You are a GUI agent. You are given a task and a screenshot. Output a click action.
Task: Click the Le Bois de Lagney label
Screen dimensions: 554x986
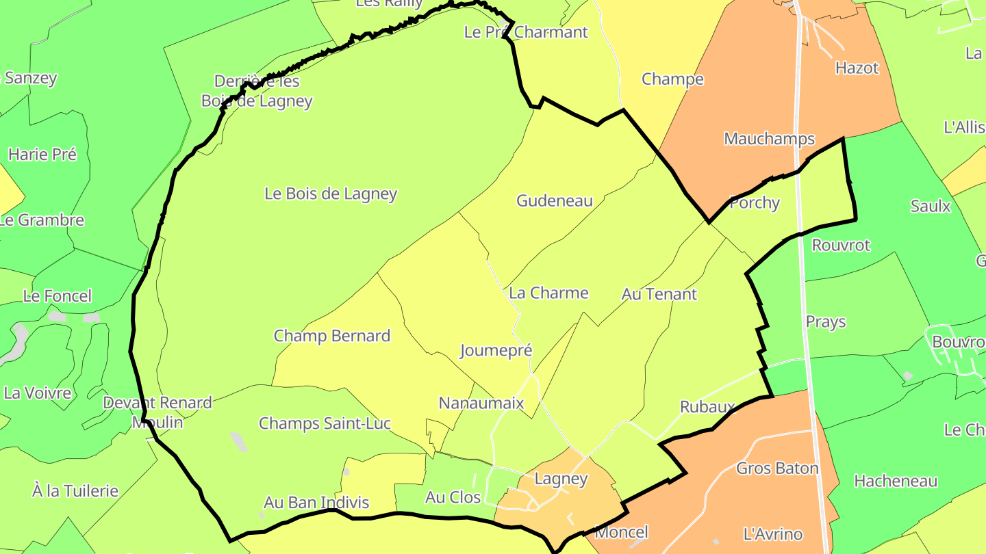pyautogui.click(x=331, y=194)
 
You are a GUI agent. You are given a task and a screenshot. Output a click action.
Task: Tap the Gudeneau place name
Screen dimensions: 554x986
pyautogui.click(x=555, y=200)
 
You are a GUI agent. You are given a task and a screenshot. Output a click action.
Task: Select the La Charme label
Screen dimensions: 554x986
pyautogui.click(x=548, y=293)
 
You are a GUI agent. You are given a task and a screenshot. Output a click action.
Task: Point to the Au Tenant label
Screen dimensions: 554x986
pyautogui.click(x=659, y=294)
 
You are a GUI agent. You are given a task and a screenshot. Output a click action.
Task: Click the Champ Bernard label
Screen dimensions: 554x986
pyautogui.click(x=332, y=336)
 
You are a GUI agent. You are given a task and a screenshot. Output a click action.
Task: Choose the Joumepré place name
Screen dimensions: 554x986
pyautogui.click(x=496, y=351)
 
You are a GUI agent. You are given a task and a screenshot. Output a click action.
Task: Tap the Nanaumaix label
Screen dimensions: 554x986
pyautogui.click(x=481, y=403)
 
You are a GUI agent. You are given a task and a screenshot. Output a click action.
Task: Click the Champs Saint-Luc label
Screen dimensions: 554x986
pyautogui.click(x=325, y=423)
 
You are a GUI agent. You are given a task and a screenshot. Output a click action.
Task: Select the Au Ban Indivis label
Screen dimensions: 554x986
pyautogui.click(x=316, y=503)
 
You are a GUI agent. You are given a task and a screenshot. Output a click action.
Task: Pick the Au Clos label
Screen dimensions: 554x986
pyautogui.click(x=453, y=497)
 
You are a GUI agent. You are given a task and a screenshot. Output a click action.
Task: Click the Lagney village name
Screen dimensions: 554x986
pyautogui.click(x=561, y=479)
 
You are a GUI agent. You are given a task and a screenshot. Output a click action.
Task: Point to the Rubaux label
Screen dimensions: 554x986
pyautogui.click(x=707, y=407)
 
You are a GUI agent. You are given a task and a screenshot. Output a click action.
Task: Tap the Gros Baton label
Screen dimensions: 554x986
pyautogui.click(x=777, y=469)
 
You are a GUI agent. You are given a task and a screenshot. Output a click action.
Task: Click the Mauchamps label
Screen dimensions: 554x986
pyautogui.click(x=769, y=139)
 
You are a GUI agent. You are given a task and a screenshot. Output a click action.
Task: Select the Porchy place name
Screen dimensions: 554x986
pyautogui.click(x=755, y=202)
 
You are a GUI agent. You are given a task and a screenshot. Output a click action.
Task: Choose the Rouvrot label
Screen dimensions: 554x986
pyautogui.click(x=841, y=245)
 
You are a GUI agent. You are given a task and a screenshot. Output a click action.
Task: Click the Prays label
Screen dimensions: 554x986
pyautogui.click(x=826, y=321)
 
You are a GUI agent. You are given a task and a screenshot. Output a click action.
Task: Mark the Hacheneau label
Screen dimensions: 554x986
pyautogui.click(x=896, y=481)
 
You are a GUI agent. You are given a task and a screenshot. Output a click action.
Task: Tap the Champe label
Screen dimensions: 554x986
pyautogui.click(x=672, y=79)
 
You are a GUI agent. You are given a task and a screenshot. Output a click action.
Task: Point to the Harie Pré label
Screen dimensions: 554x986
pyautogui.click(x=42, y=155)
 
